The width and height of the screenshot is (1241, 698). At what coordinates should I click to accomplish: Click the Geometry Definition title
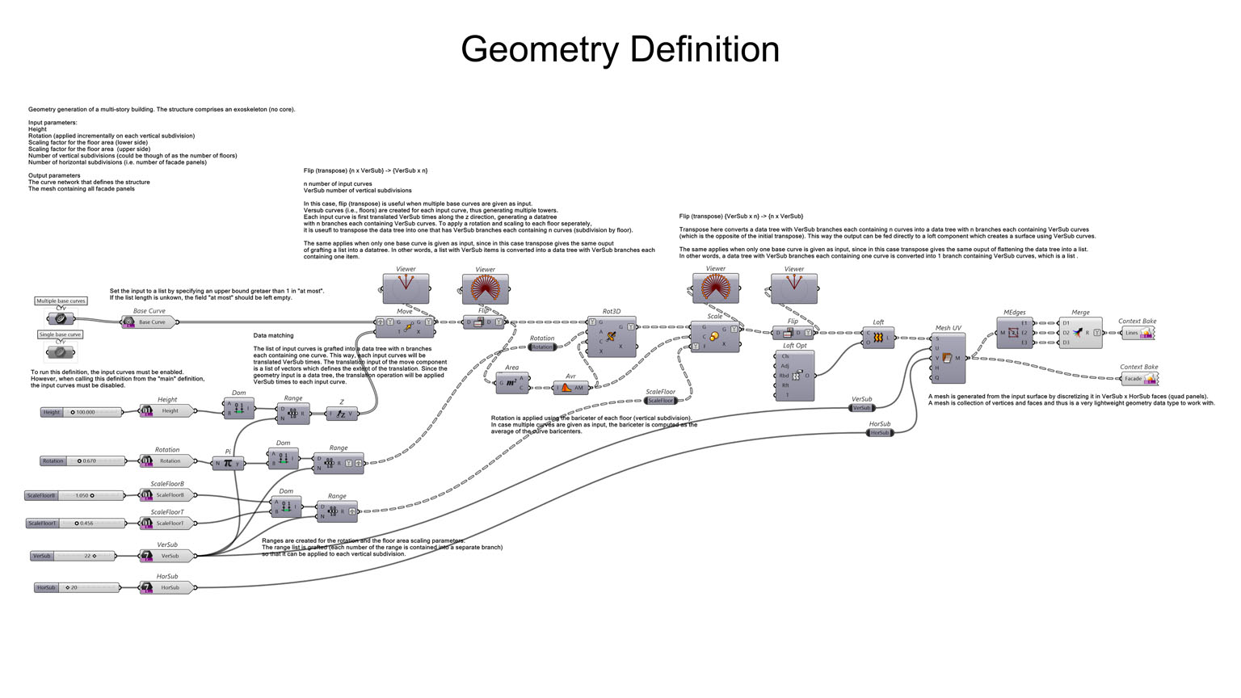tap(620, 49)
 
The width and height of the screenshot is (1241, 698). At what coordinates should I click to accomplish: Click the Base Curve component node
tap(149, 322)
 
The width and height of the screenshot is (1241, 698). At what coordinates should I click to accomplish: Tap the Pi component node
tap(228, 463)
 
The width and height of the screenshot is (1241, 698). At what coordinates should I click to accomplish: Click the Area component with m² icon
tap(511, 382)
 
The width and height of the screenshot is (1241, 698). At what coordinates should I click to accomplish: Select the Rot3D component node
tap(611, 336)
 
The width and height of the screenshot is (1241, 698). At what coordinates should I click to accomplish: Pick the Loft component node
tap(877, 337)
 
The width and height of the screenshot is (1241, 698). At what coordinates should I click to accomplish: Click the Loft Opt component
tap(795, 376)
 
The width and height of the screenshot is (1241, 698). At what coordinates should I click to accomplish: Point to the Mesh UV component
tap(947, 357)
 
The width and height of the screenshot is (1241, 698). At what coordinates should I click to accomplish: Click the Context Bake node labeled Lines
tap(1137, 333)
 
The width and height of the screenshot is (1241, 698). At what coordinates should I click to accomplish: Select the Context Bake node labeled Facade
tap(1138, 378)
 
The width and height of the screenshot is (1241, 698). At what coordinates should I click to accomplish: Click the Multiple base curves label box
tap(61, 301)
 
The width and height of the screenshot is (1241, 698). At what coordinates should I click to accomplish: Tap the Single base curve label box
tap(60, 334)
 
